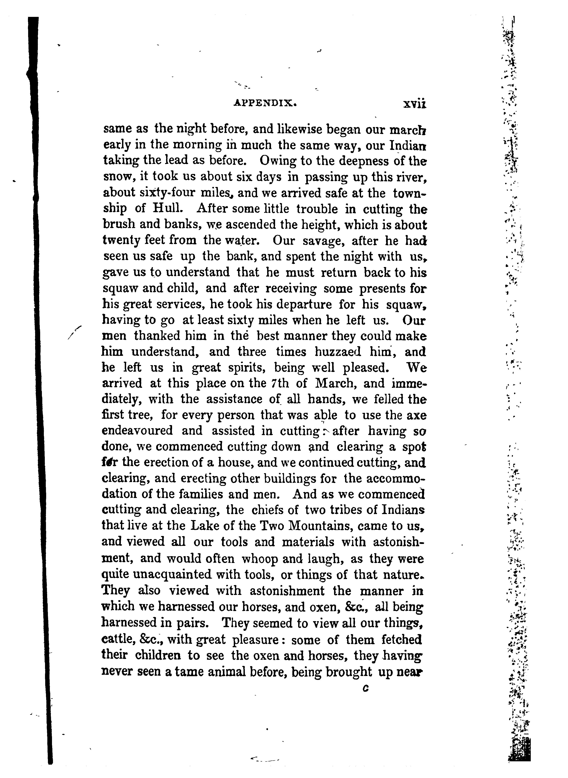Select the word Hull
click(x=166, y=209)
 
